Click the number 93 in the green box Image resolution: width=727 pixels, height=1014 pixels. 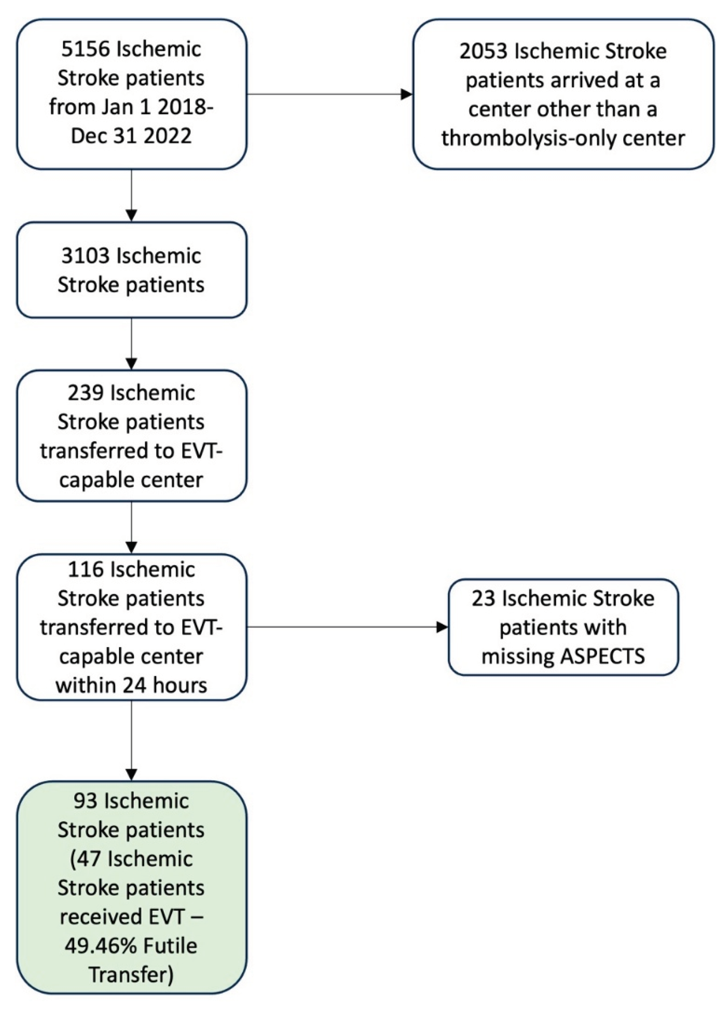click(84, 801)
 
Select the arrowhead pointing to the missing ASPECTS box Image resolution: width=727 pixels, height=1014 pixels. click(442, 627)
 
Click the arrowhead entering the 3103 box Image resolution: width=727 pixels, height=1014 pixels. click(131, 215)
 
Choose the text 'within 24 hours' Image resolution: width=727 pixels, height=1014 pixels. click(131, 685)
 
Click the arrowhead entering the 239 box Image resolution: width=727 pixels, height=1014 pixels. click(131, 364)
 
